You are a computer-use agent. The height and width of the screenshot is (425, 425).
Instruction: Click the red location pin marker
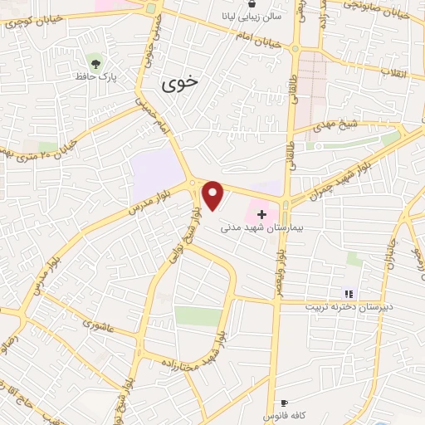point(213,194)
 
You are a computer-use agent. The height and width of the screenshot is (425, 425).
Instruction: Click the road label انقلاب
point(391,72)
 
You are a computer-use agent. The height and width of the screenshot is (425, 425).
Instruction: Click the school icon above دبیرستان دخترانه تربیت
point(349,293)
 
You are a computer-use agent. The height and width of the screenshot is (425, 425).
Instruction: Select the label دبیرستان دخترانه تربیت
point(349,307)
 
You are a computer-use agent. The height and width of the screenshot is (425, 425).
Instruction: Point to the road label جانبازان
point(387,257)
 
